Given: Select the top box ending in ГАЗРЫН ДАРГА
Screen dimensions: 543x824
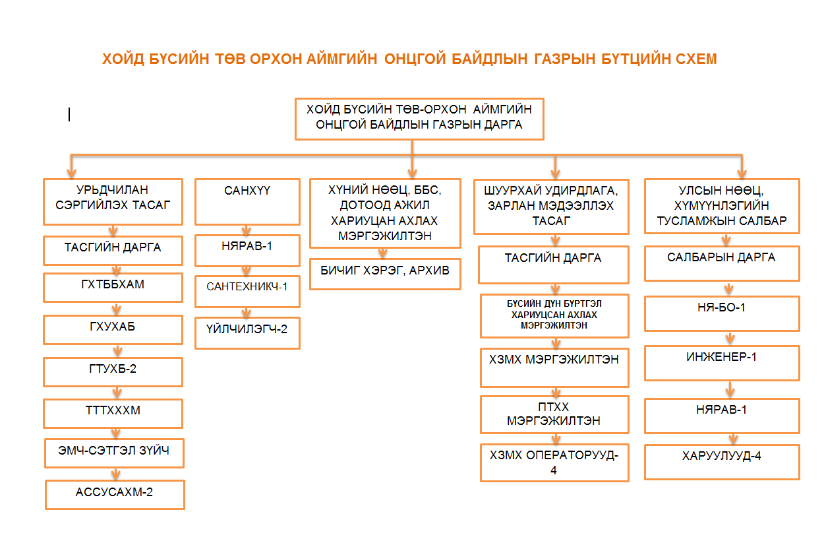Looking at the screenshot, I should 419,119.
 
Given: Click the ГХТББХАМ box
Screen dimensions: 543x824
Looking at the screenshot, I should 113,287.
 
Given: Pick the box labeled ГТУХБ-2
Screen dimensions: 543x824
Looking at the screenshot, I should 113,371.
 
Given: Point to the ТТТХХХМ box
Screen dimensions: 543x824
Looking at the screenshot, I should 113,413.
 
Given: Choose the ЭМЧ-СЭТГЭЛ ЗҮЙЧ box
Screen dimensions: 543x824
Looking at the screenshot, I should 114,453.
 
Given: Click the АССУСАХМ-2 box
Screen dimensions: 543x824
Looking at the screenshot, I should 115,494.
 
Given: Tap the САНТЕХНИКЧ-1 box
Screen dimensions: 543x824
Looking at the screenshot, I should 247,291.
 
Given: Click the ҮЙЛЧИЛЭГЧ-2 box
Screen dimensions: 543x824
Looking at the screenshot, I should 247,333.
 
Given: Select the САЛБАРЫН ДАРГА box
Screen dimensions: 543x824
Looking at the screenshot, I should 722,263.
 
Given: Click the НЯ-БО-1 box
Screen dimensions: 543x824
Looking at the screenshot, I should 722,313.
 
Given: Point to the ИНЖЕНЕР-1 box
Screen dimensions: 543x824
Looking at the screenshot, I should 722,362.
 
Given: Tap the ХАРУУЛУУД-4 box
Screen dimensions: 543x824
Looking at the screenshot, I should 722,461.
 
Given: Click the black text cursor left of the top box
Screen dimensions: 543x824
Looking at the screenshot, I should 69,115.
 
